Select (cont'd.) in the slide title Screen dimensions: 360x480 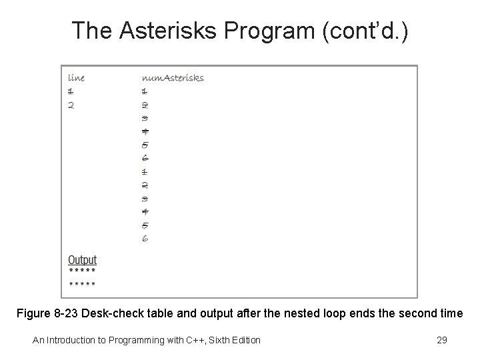point(363,30)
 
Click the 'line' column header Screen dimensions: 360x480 point(76,77)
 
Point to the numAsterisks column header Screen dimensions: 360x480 point(173,77)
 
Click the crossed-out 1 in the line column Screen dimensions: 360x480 point(71,91)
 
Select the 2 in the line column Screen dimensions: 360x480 point(71,105)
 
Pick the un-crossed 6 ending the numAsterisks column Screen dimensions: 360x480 point(145,238)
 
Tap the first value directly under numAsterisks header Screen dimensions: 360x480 point(144,91)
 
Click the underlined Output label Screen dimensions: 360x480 point(82,260)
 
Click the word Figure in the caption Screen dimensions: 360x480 point(35,314)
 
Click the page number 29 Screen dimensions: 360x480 point(441,341)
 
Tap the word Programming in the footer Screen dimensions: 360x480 point(139,341)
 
